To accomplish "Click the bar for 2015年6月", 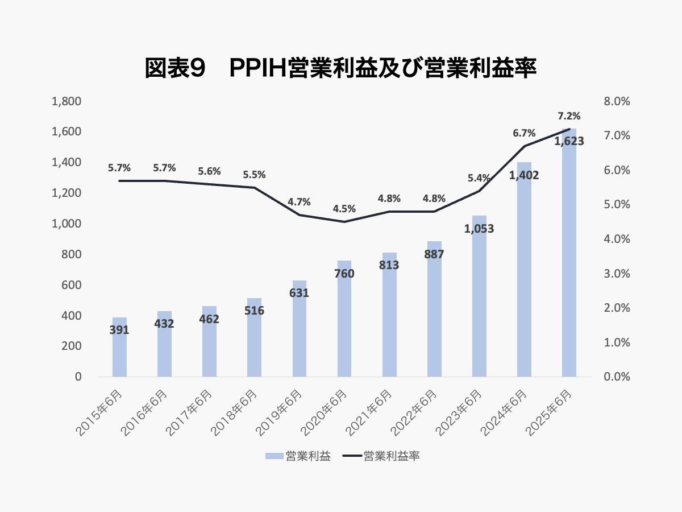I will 119,353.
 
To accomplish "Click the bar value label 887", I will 434,254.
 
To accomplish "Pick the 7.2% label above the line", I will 569,116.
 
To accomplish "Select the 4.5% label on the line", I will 344,209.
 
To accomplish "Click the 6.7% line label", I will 524,133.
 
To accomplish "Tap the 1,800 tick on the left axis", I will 66,102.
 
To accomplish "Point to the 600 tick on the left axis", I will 72,285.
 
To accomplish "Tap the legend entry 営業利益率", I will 392,456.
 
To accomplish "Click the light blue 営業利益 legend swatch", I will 274,456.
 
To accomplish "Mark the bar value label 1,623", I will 569,141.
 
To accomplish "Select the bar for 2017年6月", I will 209,347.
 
